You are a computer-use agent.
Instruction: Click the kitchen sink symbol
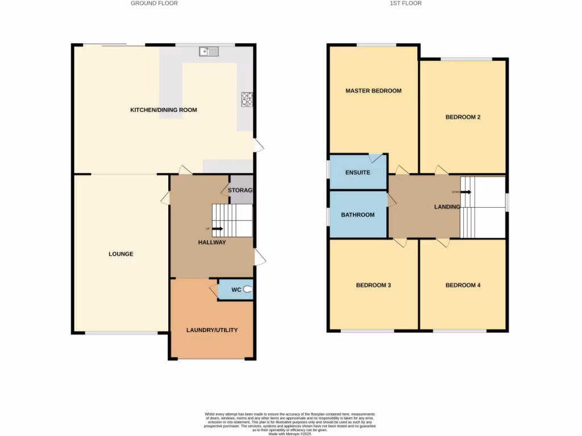click(x=209, y=52)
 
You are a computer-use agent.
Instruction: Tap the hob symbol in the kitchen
click(x=248, y=99)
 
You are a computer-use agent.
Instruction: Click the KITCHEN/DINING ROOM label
click(x=164, y=110)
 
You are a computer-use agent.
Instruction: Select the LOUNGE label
click(x=121, y=254)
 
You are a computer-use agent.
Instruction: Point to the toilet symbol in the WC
click(x=248, y=290)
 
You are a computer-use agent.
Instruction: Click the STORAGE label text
click(x=240, y=191)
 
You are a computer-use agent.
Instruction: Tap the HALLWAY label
click(x=212, y=242)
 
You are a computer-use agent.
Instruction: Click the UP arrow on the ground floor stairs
click(x=216, y=229)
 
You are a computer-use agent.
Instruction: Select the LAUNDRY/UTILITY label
click(x=212, y=330)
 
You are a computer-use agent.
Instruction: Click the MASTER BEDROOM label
click(x=373, y=91)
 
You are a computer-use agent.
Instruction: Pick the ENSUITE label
click(x=357, y=173)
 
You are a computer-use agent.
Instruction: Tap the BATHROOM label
click(x=357, y=215)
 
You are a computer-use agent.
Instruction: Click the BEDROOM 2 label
click(x=463, y=118)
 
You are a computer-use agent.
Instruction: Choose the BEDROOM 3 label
click(x=373, y=285)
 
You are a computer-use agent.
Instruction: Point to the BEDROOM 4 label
click(x=463, y=285)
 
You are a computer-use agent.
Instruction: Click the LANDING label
click(x=447, y=207)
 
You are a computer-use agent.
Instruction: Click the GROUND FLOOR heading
click(x=154, y=3)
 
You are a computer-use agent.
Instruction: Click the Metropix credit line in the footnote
click(x=291, y=434)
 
